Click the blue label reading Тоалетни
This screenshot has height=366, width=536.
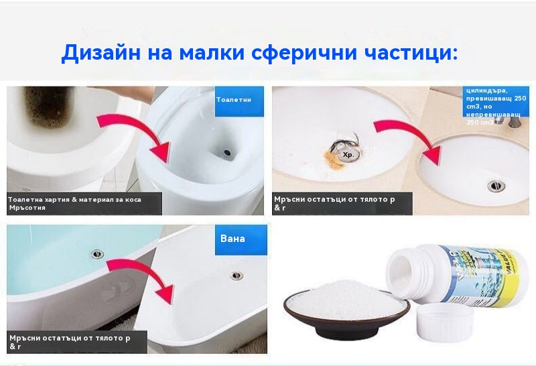tap(234, 99)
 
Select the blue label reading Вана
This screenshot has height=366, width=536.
tap(233, 239)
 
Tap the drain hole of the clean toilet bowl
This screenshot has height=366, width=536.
tap(228, 153)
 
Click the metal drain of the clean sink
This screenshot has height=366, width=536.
tap(496, 184)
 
